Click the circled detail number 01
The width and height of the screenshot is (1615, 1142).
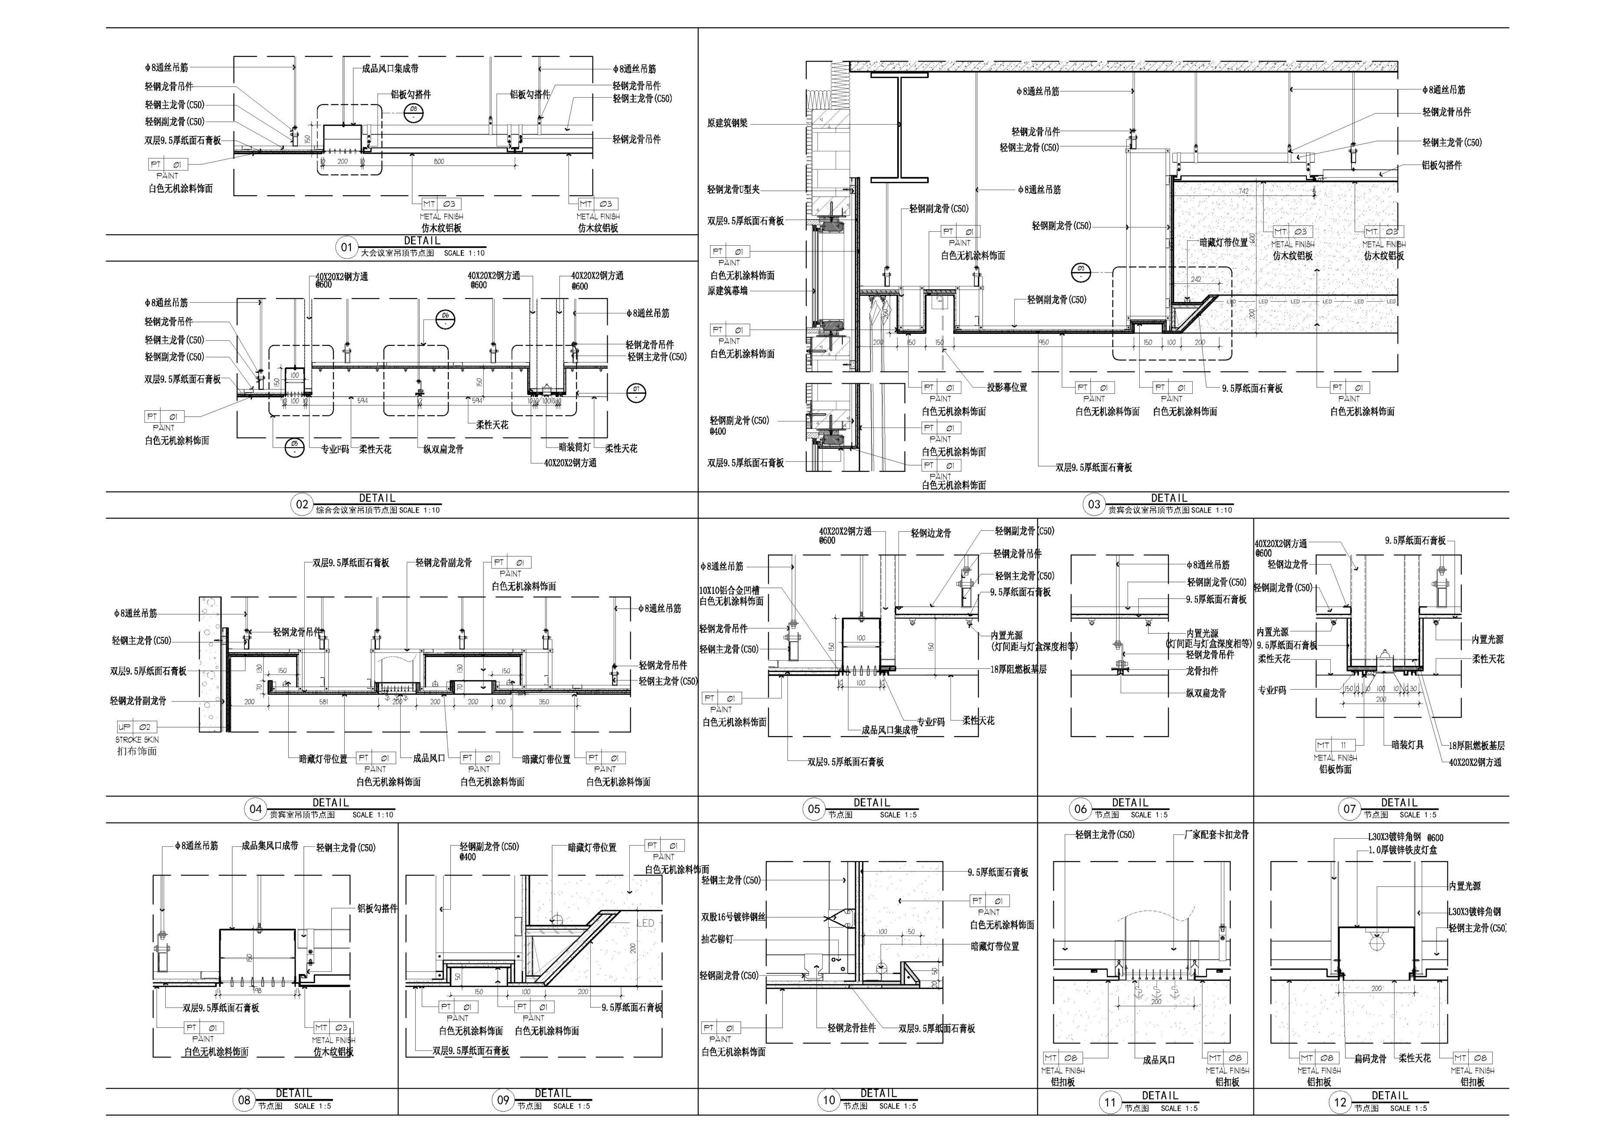pos(346,247)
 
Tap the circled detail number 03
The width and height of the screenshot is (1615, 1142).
pos(1094,504)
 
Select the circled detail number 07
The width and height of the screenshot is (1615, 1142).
pos(1349,809)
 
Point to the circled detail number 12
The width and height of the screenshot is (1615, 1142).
pos(1340,1103)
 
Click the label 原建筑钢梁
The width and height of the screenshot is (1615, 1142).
pos(727,123)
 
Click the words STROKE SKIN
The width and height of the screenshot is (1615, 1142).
pos(137,740)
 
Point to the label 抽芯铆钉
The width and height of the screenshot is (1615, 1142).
pos(716,939)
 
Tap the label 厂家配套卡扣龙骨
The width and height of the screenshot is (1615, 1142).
pos(1211,835)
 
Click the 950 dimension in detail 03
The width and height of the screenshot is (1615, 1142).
pos(1043,342)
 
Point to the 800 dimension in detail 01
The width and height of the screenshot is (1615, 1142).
pos(439,162)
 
